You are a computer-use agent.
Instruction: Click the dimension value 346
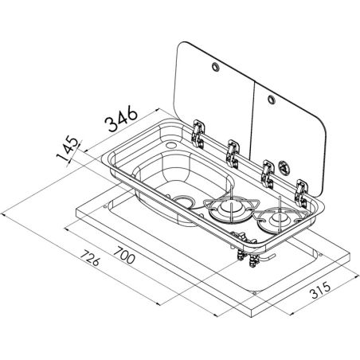tap(121, 119)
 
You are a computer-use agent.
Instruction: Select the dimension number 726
tap(90, 257)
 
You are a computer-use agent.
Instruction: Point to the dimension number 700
tap(124, 255)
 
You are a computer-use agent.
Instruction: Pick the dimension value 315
tap(321, 290)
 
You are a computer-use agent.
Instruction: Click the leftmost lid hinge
tap(198, 133)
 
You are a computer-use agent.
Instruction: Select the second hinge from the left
tap(233, 154)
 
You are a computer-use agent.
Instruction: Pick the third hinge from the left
tap(268, 174)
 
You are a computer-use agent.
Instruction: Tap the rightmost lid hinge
tap(301, 194)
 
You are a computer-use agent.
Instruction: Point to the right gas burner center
tap(278, 220)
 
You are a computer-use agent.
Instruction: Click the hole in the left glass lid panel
tap(215, 66)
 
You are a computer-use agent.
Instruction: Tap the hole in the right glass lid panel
tap(271, 99)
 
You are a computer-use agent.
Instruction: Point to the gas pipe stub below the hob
tap(268, 256)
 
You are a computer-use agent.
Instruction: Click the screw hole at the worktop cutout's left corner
tap(105, 206)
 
